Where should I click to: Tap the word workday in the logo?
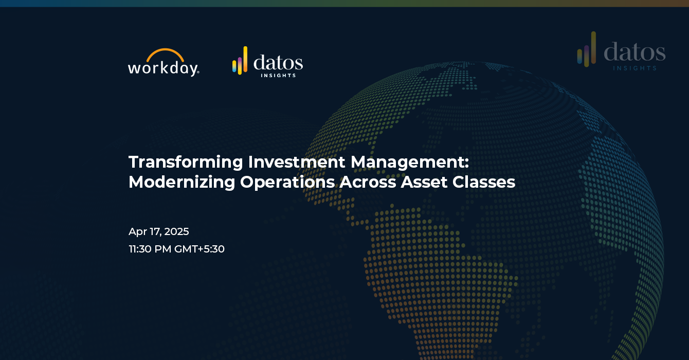(164, 68)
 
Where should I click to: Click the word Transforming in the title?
(186, 162)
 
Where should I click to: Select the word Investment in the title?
(297, 162)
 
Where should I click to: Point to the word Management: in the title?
(410, 162)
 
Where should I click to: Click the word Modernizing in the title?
(182, 182)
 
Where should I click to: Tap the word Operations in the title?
(287, 182)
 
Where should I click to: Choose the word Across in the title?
(367, 182)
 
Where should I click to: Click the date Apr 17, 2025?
(159, 232)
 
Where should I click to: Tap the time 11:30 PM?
(150, 249)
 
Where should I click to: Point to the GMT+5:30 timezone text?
(200, 249)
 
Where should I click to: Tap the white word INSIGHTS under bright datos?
(278, 76)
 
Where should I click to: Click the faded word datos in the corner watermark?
(634, 52)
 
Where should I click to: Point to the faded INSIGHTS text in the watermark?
(635, 68)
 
